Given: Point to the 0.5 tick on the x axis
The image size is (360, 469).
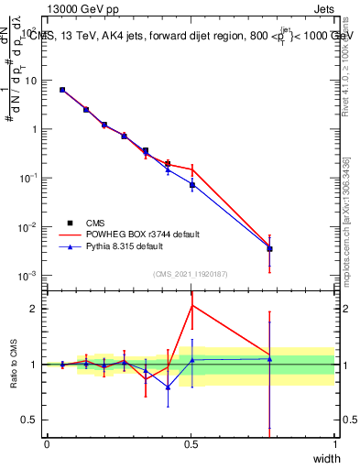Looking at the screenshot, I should (191, 444).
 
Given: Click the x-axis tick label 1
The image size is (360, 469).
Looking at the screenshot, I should (334, 444).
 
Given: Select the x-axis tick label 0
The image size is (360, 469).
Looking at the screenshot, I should (47, 444).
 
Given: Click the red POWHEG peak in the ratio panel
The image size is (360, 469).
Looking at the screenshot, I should (191, 305).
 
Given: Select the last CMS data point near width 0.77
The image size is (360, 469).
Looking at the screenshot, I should (269, 248).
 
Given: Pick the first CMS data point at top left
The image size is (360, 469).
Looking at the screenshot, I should (61, 90).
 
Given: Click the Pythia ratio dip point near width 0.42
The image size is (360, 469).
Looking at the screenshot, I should (168, 387).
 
